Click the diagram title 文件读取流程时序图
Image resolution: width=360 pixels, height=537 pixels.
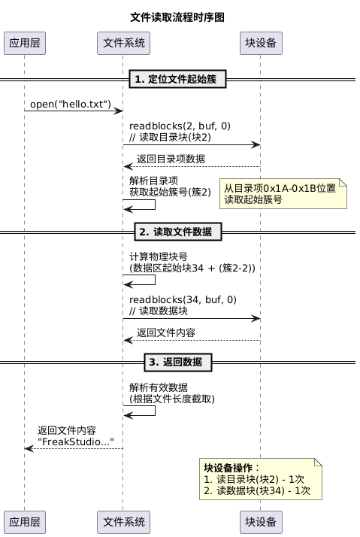[x=177, y=17]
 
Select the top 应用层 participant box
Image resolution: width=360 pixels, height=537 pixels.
[x=25, y=43]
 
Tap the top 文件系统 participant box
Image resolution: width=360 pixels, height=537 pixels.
[x=123, y=43]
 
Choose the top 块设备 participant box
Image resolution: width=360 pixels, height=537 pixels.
[x=261, y=43]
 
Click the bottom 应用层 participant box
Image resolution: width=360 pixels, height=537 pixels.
[x=25, y=522]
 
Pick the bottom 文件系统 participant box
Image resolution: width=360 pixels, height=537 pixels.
[x=123, y=522]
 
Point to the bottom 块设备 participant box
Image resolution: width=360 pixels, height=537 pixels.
[x=261, y=522]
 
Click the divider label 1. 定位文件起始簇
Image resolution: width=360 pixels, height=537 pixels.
[x=177, y=79]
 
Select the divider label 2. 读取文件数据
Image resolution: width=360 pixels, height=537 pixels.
[x=178, y=232]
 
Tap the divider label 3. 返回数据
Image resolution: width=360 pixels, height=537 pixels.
[x=178, y=363]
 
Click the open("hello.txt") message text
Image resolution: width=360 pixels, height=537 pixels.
[x=71, y=104]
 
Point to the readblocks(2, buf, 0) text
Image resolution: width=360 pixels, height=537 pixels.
[x=180, y=126]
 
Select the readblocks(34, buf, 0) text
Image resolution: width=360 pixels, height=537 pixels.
[x=183, y=299]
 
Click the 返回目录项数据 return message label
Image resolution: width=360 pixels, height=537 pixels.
[x=171, y=159]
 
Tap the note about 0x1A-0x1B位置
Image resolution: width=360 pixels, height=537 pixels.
[x=283, y=193]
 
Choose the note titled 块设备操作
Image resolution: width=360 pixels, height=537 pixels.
[x=261, y=479]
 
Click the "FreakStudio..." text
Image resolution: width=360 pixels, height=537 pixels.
[x=76, y=441]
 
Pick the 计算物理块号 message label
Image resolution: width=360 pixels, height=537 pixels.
[x=159, y=256]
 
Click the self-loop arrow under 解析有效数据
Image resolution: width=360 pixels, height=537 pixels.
[x=155, y=411]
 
